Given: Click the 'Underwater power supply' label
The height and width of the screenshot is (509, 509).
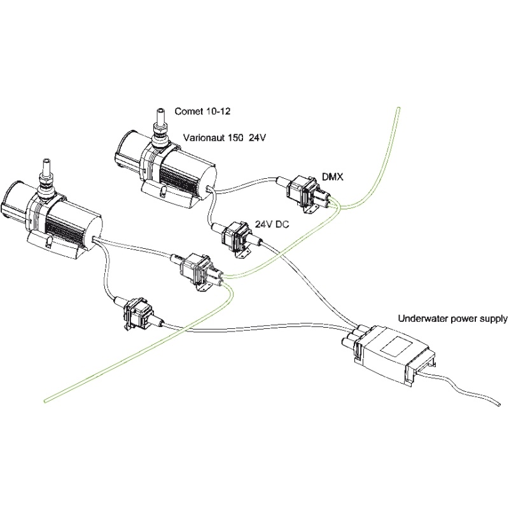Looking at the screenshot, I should (x=452, y=318).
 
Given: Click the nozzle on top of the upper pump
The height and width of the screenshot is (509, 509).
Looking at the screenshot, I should (x=158, y=120).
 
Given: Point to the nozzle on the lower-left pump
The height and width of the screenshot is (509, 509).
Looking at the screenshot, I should (x=46, y=172).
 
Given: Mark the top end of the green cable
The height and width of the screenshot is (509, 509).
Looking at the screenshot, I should (x=397, y=109).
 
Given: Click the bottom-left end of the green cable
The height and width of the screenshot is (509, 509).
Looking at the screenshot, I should (x=46, y=400).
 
